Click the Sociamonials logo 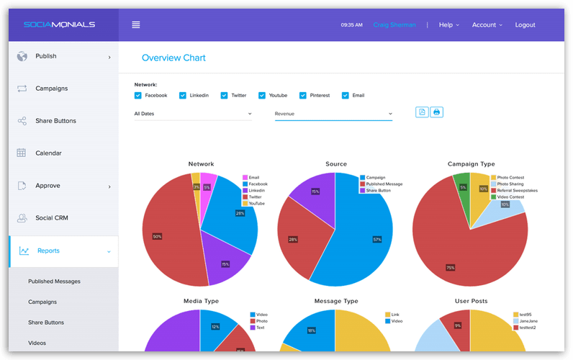pyautogui.click(x=59, y=24)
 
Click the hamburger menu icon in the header pyautogui.click(x=135, y=24)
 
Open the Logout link pyautogui.click(x=525, y=24)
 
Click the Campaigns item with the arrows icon pyautogui.click(x=51, y=89)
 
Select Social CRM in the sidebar pyautogui.click(x=51, y=218)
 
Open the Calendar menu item pyautogui.click(x=48, y=153)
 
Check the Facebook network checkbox pyautogui.click(x=138, y=95)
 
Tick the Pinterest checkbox pyautogui.click(x=303, y=95)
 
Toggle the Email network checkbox pyautogui.click(x=346, y=95)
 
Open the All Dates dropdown pyautogui.click(x=193, y=114)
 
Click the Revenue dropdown pyautogui.click(x=333, y=114)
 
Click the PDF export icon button pyautogui.click(x=422, y=112)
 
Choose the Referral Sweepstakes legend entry pyautogui.click(x=517, y=190)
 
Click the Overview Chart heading pyautogui.click(x=173, y=58)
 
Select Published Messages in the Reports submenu pyautogui.click(x=54, y=282)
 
